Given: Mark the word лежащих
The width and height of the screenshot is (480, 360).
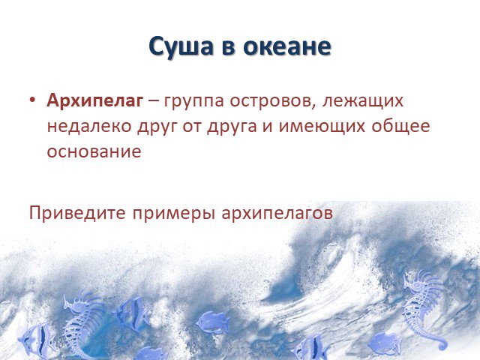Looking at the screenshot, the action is pos(363,102).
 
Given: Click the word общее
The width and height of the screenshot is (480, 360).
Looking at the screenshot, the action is pos(400,125).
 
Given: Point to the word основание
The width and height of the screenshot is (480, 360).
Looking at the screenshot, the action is pos(94,151).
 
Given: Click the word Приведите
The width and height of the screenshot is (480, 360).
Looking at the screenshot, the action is pos(77,212).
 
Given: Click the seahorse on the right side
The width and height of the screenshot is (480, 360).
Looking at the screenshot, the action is pos(424,310).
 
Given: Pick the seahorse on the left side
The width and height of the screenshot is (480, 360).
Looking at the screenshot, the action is pos(82,325).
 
